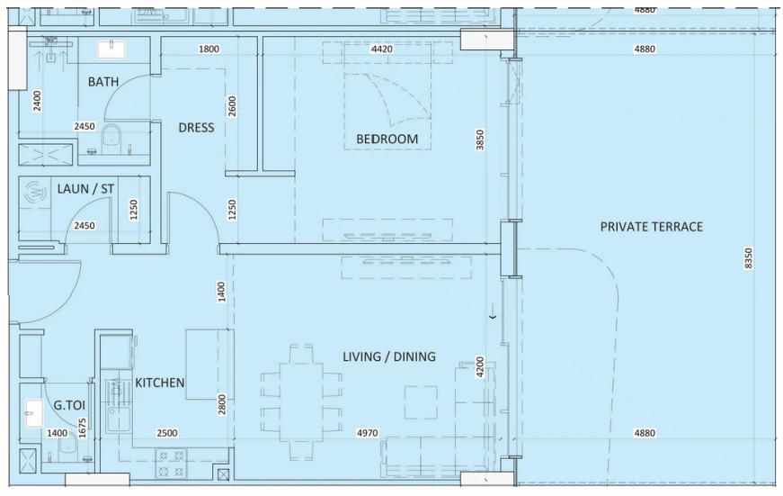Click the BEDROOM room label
coord(387,139)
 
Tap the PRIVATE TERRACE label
coord(651,227)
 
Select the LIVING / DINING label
coord(389,356)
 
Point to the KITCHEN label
coord(160,383)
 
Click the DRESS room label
coord(196,128)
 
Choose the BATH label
coord(103,82)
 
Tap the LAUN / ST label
coord(85,188)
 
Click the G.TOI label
coord(69,405)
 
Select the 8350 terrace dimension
coord(748,258)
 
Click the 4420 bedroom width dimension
coord(381,49)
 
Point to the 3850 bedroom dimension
coord(480,140)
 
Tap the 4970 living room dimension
coord(367,433)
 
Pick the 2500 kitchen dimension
coord(167,433)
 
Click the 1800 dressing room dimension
coord(209,49)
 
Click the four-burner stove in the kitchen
coord(172,463)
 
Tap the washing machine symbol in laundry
coord(35,192)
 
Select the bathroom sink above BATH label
coord(111,50)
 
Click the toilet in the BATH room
coord(111,136)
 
